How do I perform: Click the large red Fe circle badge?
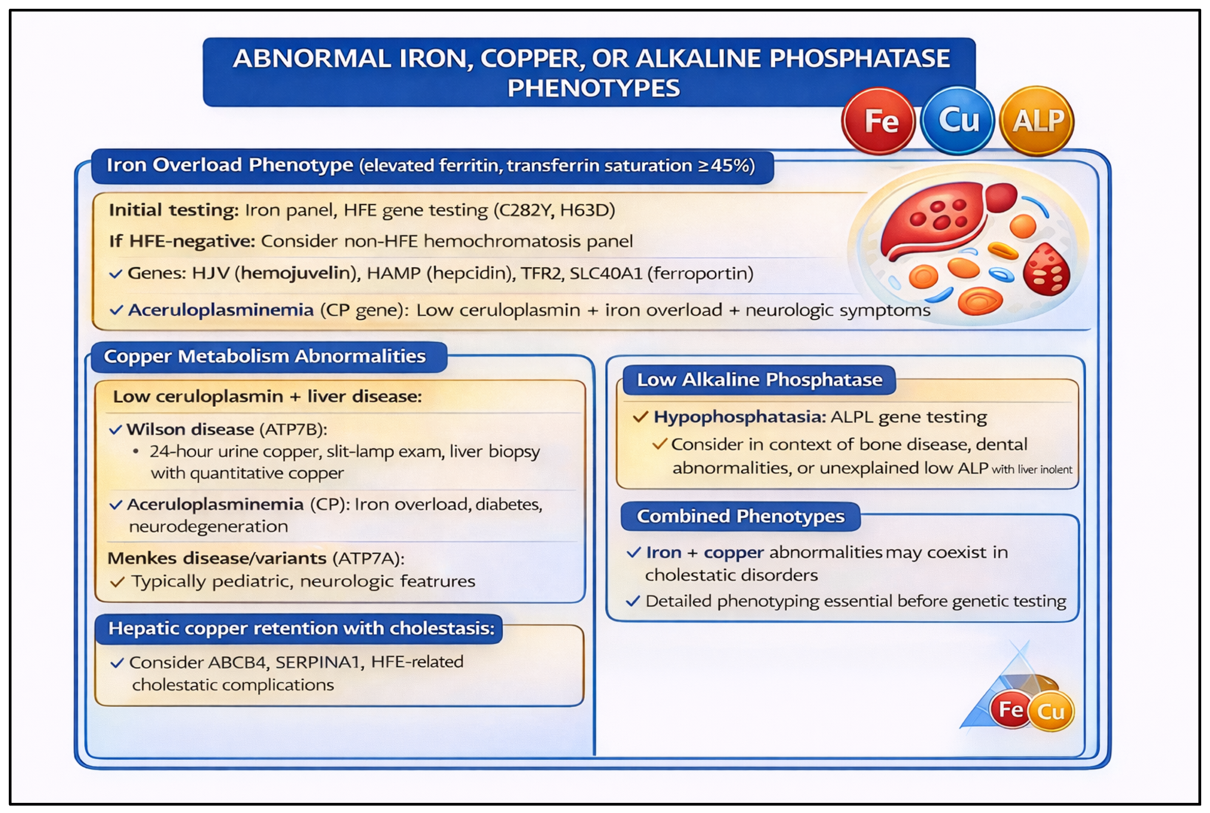coord(878,121)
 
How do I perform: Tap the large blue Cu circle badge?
coord(957,121)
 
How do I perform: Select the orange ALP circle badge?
coord(1037,121)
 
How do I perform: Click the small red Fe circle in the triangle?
coord(1009,709)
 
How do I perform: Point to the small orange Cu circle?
coord(1050,712)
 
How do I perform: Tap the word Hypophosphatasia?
coord(739,417)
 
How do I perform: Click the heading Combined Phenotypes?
coord(740,516)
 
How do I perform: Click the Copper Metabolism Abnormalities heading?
coord(264,357)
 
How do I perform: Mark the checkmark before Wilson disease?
coord(116,430)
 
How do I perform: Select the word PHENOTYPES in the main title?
coord(593,88)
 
